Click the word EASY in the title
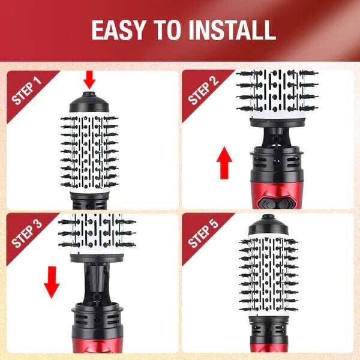(x=119, y=31)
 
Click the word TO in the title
(x=167, y=31)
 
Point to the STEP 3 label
(x=26, y=234)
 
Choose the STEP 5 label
(x=203, y=234)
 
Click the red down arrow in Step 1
(x=89, y=80)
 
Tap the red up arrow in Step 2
(x=224, y=163)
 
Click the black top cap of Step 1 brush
(x=89, y=102)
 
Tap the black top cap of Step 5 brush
(x=268, y=225)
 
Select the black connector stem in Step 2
(x=277, y=137)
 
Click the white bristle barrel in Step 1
(x=89, y=152)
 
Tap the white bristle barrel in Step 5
(x=268, y=275)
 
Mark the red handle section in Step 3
(x=97, y=346)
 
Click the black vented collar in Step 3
(x=97, y=322)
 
